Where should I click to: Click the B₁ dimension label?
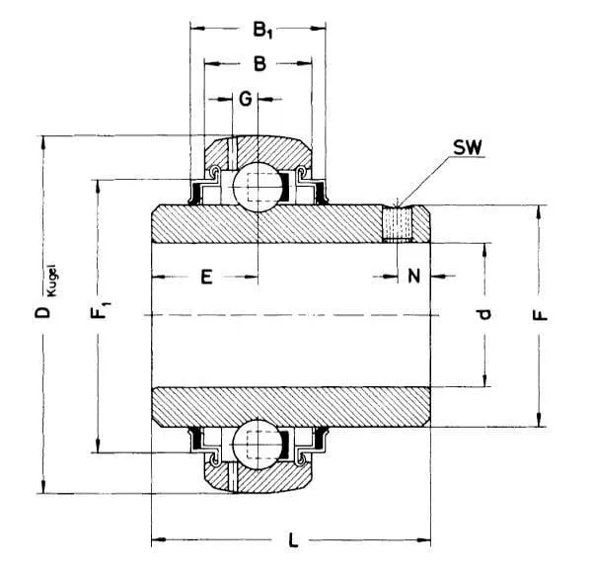(262, 30)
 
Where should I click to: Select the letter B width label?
(259, 63)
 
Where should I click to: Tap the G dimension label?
(246, 99)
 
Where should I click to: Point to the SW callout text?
(468, 148)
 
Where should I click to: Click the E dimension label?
(206, 277)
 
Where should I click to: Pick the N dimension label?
(413, 276)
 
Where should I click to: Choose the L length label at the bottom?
(293, 539)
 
